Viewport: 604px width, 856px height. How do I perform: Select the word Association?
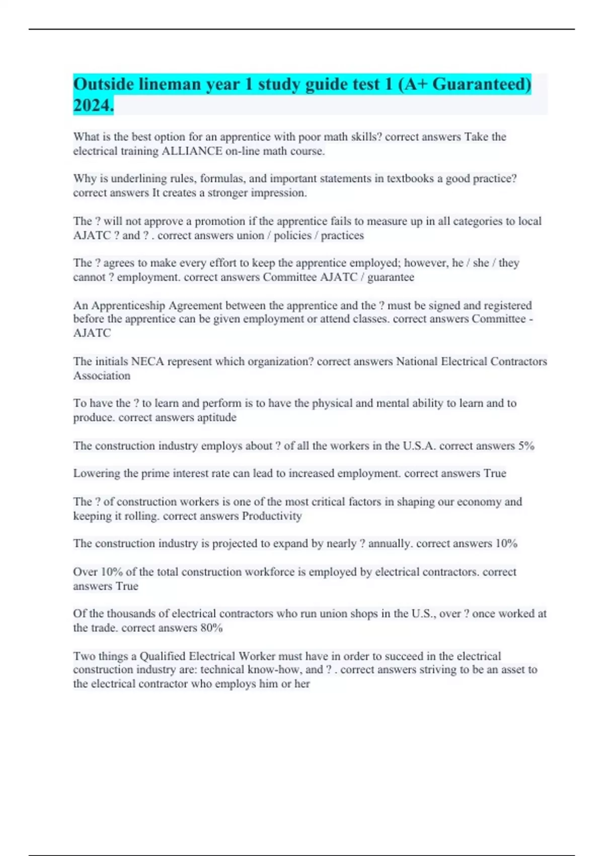coord(102,376)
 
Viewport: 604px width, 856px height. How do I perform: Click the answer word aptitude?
coord(216,417)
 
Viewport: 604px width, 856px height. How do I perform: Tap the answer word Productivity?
coord(272,516)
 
